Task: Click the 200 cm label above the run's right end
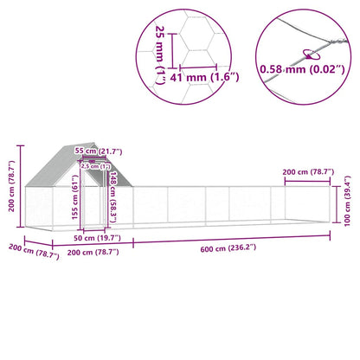[x=308, y=173]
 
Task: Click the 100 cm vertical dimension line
[x=337, y=202]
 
